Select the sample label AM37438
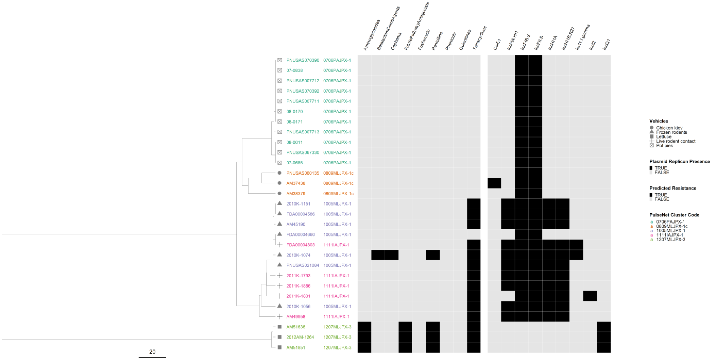(296, 183)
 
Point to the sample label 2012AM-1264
(300, 337)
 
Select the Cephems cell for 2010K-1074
(392, 255)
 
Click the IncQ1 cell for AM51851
(604, 347)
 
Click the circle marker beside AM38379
(279, 193)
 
